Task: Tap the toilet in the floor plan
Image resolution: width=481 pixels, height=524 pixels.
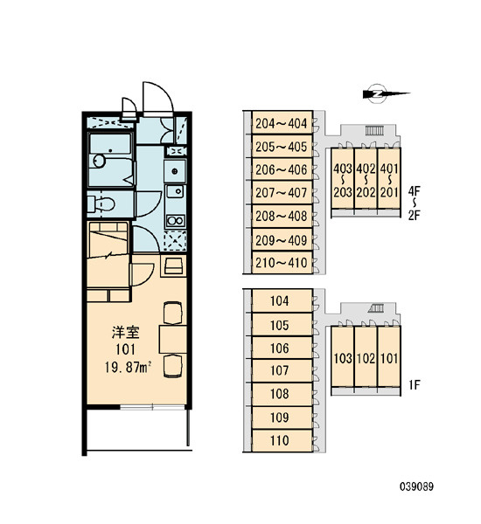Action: pos(101,203)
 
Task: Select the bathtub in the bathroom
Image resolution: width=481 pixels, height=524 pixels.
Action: pos(111,159)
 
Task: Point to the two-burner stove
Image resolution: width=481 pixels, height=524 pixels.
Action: pos(176,221)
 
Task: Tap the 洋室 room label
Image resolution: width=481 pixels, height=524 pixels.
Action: pos(126,333)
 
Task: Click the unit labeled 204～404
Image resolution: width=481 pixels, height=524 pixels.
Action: pos(282,123)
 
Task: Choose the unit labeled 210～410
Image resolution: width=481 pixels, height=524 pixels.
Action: pos(282,263)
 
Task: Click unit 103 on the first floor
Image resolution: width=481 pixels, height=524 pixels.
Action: pos(343,356)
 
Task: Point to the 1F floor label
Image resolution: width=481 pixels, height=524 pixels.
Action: pos(414,385)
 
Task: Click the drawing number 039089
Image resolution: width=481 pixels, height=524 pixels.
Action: pos(416,486)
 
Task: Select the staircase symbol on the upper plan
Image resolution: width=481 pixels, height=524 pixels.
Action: pos(373,130)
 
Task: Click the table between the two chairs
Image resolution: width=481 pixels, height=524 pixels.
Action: pos(172,339)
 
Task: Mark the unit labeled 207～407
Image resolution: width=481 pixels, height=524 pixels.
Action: pos(282,192)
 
